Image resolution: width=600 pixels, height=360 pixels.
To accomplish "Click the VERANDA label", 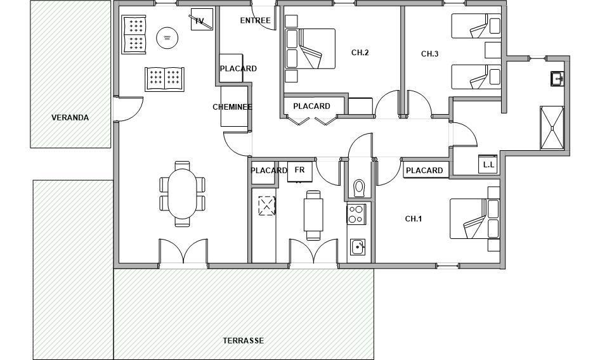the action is (70, 117).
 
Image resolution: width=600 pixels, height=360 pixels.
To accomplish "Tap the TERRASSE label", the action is (244, 340).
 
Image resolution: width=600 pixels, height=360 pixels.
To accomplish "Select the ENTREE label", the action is (255, 20).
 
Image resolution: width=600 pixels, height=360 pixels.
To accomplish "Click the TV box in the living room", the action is (202, 19).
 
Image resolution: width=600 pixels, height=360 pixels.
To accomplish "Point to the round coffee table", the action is (167, 37).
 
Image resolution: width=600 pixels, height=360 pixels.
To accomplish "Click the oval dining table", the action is (183, 193).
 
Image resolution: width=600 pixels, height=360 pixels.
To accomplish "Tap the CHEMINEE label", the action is (232, 106).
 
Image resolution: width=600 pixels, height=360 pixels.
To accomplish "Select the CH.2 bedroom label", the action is (360, 53).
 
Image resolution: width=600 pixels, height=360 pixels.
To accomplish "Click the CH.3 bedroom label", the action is (430, 54).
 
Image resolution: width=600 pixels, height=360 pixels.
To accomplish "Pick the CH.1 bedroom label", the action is (414, 219).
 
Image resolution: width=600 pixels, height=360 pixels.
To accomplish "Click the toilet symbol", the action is (359, 188).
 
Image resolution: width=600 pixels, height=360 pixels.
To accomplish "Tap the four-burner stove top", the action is (356, 214).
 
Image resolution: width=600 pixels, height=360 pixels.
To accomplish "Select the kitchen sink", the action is (358, 247).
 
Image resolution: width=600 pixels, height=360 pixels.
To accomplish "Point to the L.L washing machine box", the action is (488, 164).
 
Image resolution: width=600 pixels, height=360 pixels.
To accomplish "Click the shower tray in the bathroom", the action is (552, 128).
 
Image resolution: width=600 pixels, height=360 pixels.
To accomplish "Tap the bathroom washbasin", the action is (558, 79).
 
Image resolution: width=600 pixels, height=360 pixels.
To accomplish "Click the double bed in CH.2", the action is (310, 49).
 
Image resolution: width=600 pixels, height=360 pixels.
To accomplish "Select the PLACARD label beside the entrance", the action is (238, 68).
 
